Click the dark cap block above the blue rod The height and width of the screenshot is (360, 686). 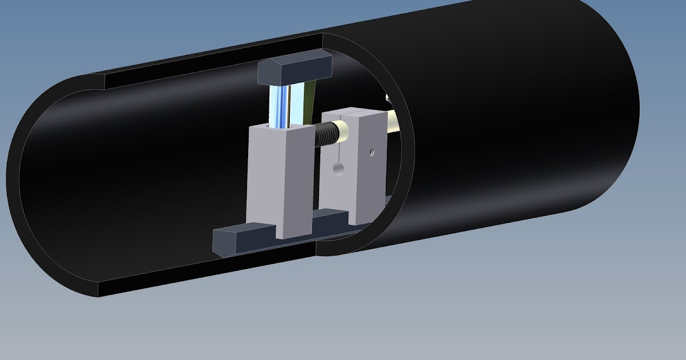coord(294,69)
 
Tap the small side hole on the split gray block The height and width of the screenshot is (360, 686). coord(372,153)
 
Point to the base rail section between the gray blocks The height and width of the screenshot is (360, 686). coord(332,220)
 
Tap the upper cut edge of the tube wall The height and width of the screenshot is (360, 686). coord(212,61)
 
